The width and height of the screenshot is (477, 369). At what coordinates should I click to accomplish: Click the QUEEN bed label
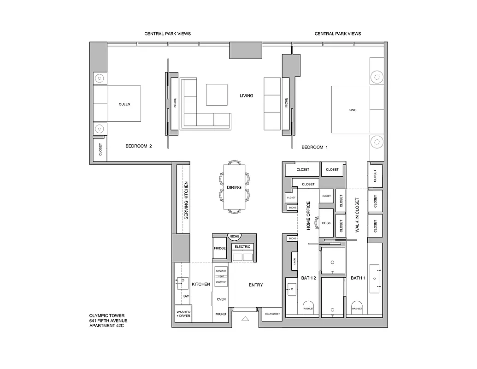pyautogui.click(x=124, y=104)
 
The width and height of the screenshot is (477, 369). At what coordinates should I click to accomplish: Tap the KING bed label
pyautogui.click(x=353, y=110)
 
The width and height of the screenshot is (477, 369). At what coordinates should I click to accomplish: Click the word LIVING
pyautogui.click(x=246, y=96)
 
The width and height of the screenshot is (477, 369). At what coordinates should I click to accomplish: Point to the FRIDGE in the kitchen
pyautogui.click(x=220, y=248)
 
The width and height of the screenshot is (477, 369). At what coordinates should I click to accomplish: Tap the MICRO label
pyautogui.click(x=220, y=314)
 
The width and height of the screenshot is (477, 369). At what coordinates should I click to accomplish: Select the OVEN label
pyautogui.click(x=221, y=299)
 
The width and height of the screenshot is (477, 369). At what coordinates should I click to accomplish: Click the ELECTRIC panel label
pyautogui.click(x=242, y=247)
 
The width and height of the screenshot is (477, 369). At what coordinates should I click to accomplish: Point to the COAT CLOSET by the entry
pyautogui.click(x=272, y=314)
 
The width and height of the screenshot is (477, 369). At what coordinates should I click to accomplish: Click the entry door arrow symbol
pyautogui.click(x=245, y=318)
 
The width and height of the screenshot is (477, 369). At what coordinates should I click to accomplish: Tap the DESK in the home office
pyautogui.click(x=326, y=223)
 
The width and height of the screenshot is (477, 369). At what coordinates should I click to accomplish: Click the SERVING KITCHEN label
pyautogui.click(x=186, y=200)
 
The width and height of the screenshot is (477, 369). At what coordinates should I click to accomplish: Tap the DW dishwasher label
pyautogui.click(x=186, y=296)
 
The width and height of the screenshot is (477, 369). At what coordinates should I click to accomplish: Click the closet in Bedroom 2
pyautogui.click(x=100, y=149)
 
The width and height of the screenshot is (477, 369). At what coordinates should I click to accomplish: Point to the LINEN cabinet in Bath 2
pyautogui.click(x=294, y=262)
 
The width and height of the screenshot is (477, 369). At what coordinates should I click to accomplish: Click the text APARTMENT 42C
pyautogui.click(x=106, y=326)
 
